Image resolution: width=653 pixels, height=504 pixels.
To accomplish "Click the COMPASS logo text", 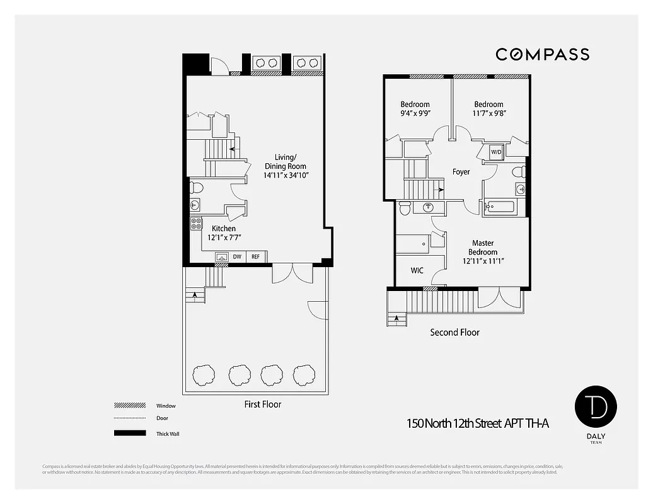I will coord(542,55).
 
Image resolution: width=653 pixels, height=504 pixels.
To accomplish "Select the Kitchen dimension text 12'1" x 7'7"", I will coord(225,238).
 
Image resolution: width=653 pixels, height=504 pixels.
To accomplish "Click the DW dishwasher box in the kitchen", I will coord(238,257).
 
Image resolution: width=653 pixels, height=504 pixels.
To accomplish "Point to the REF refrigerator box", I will coord(256,257).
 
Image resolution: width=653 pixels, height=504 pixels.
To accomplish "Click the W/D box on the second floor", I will coord(496,152).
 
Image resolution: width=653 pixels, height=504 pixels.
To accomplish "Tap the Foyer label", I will coord(461,171).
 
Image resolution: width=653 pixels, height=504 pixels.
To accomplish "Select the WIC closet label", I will coord(417,271).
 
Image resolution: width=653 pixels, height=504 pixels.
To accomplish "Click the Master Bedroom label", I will coord(483,248).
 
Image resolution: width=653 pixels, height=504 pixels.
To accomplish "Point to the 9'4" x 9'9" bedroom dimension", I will coord(415,113).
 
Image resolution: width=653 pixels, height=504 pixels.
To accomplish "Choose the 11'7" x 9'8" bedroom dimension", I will coord(489,113).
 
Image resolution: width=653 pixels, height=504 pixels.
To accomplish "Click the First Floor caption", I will coord(263,404).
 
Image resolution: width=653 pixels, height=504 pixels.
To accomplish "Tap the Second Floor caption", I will coord(454,332).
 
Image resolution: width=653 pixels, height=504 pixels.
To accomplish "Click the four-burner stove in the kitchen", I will coord(197,223).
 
